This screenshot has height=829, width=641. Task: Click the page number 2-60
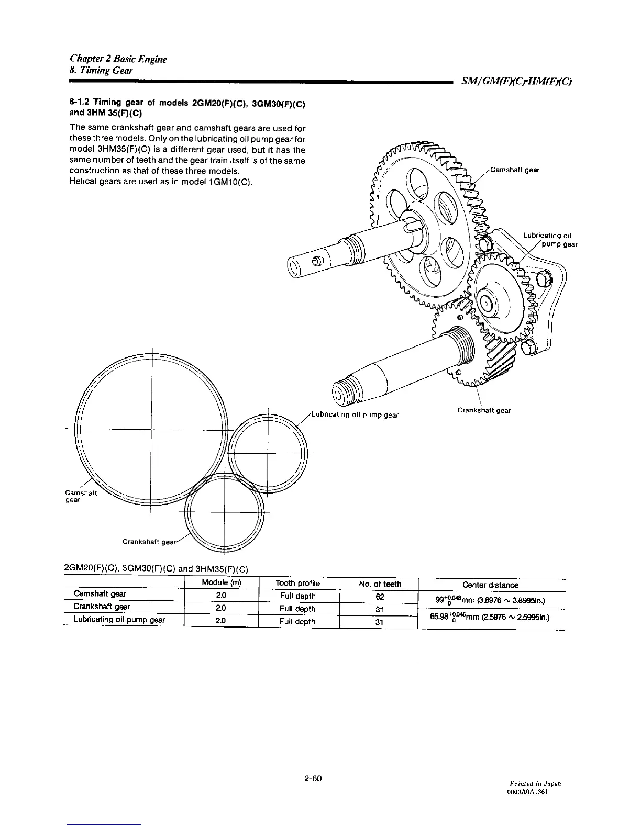312,778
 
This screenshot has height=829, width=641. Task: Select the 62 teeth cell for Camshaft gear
380,597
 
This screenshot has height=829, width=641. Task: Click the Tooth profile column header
297,584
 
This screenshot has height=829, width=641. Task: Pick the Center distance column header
490,585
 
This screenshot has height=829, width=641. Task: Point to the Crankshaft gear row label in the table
102,607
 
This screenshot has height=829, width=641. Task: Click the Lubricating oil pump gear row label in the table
119,620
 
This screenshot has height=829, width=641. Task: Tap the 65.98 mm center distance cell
491,618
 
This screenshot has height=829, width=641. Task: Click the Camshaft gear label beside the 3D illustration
515,170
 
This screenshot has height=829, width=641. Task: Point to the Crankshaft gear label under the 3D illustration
483,410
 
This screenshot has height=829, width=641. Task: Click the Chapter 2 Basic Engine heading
118,59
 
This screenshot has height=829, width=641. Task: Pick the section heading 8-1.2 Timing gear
187,107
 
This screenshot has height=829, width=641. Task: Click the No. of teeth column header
380,584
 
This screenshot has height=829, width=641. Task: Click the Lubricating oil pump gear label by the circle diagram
355,415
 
